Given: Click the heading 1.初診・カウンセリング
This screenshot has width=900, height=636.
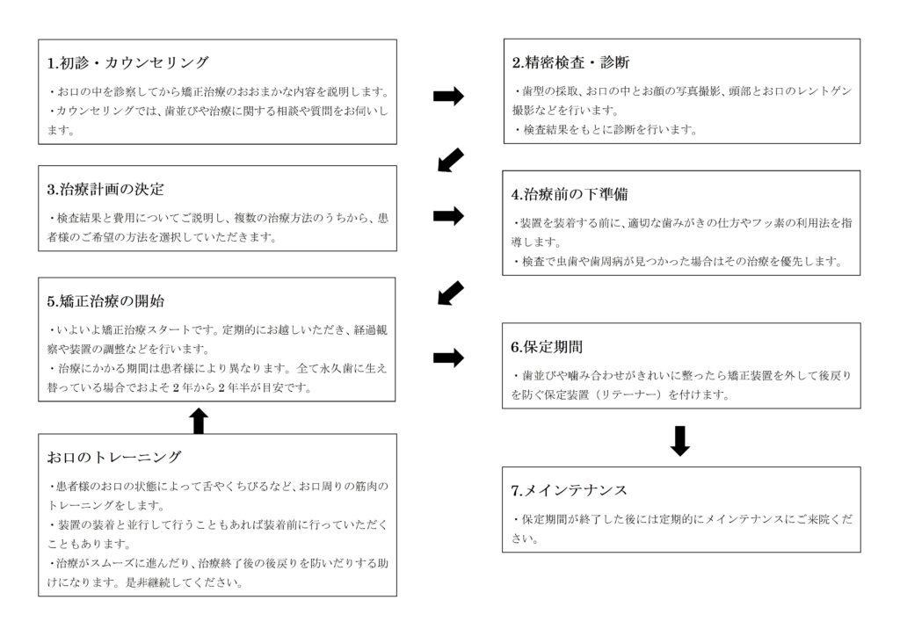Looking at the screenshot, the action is (128, 62).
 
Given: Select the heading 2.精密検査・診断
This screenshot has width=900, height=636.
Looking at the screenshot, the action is (570, 62).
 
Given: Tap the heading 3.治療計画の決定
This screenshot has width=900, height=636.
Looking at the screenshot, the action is (105, 189).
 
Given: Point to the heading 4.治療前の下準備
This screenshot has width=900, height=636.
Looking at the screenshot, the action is (570, 194).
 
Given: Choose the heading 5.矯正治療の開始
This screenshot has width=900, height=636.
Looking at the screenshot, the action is (105, 301).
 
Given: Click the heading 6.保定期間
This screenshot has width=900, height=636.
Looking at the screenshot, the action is (547, 347).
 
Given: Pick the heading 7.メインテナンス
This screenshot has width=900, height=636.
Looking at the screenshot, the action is (569, 490).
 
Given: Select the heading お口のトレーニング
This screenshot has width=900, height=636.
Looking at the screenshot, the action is (114, 457).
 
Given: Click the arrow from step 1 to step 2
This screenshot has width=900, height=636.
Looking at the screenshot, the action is (448, 97).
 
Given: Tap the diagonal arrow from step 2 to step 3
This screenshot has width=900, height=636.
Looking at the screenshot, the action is (451, 160).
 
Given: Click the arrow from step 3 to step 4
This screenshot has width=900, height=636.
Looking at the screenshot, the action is (448, 215).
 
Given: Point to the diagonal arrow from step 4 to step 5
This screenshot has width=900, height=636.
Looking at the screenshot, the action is (451, 293).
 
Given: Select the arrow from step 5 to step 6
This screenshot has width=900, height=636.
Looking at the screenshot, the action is (448, 358).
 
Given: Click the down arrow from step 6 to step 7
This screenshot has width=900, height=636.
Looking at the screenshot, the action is (680, 441).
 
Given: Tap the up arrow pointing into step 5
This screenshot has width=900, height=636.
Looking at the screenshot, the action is (199, 421).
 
